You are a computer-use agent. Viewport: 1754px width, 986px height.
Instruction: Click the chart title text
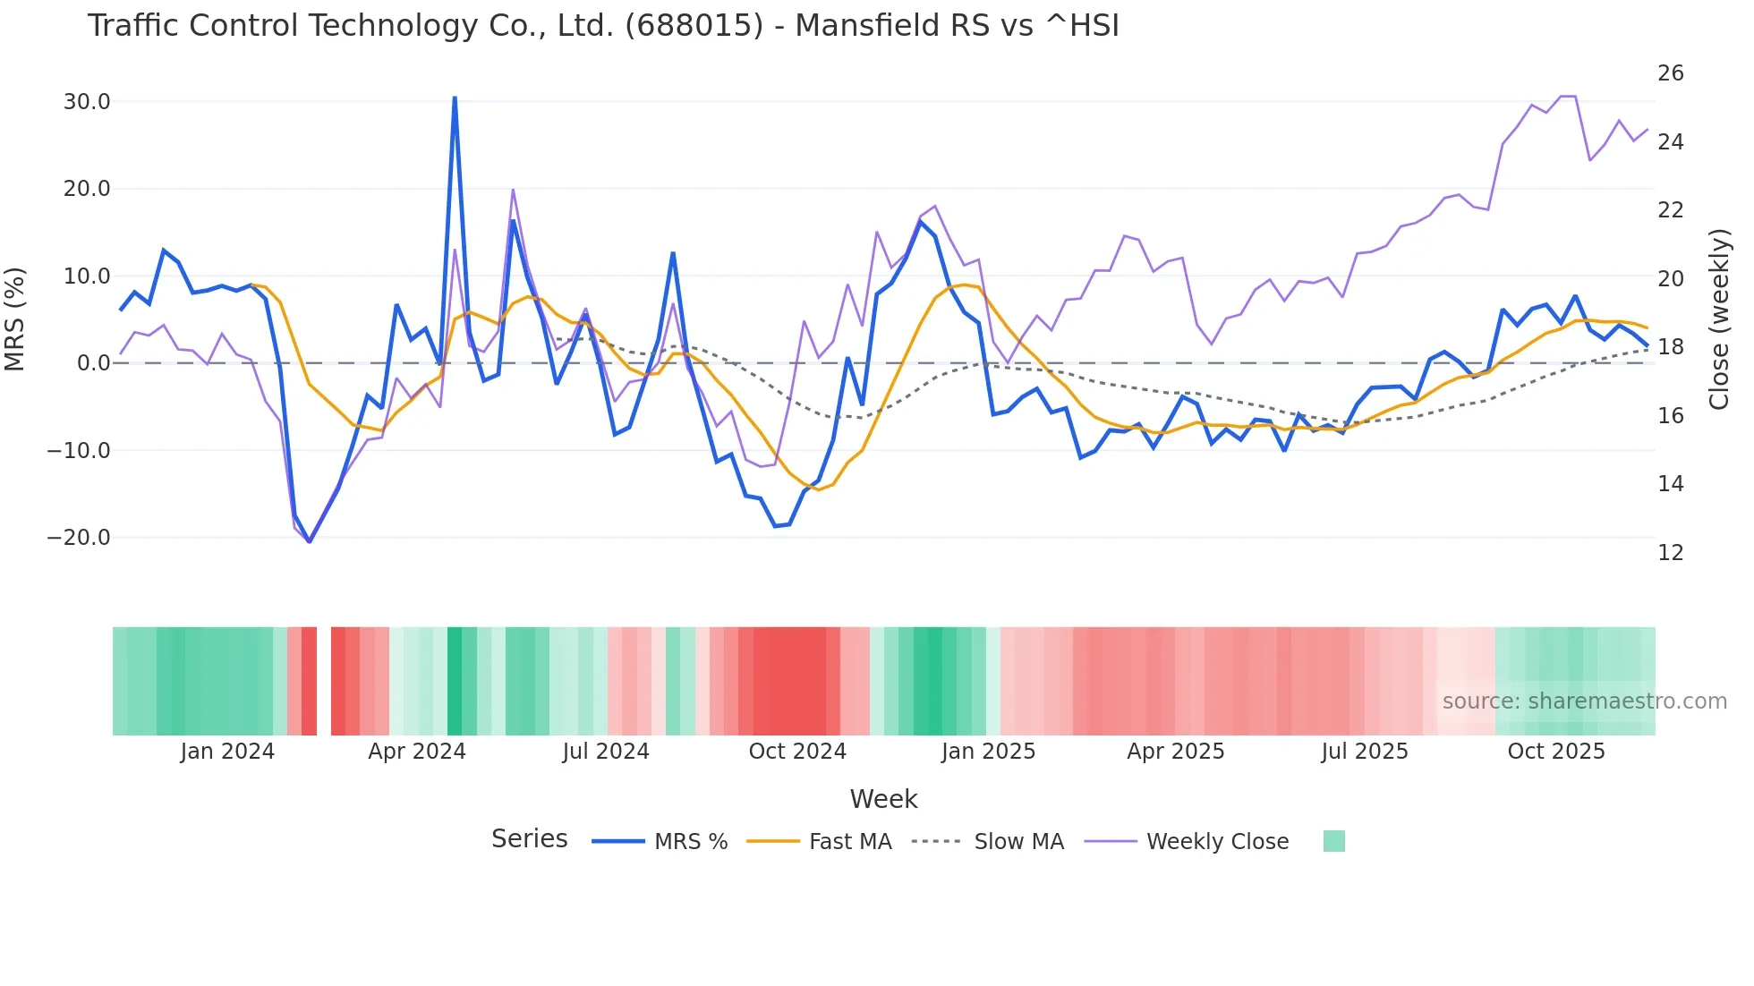tap(603, 26)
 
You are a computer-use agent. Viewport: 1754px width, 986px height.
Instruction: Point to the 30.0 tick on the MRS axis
tap(87, 102)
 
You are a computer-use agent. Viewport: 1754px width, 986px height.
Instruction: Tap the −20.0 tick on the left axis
tap(80, 538)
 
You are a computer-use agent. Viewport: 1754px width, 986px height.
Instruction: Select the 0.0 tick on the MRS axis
tap(93, 363)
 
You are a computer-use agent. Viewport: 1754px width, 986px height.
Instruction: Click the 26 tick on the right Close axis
tap(1670, 73)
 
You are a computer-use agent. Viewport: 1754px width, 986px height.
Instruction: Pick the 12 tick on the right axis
tap(1670, 553)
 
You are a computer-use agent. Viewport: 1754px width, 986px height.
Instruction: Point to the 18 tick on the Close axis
tap(1670, 347)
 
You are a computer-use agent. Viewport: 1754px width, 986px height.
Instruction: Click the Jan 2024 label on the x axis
tap(227, 752)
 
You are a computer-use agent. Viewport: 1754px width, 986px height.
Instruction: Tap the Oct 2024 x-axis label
tap(797, 752)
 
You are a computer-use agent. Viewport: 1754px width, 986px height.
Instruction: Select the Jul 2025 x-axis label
tap(1365, 752)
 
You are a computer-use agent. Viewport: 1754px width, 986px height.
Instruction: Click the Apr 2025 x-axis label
tap(1175, 752)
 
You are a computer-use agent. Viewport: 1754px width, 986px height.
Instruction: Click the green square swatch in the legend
tap(1333, 841)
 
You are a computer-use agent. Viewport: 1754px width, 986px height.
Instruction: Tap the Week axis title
tap(883, 799)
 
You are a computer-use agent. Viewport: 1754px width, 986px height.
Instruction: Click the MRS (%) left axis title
tap(15, 319)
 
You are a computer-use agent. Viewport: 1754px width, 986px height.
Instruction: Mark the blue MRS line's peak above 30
tap(455, 98)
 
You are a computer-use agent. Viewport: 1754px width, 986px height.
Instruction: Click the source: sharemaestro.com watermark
tap(1584, 701)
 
